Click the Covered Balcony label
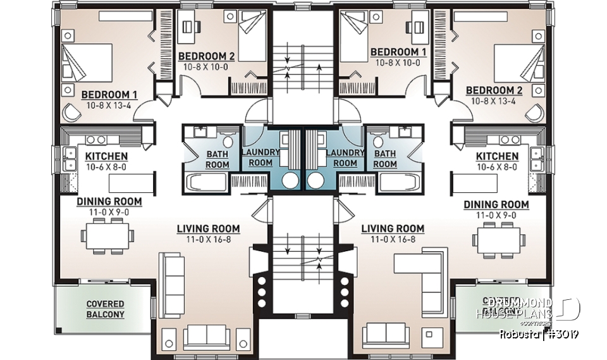(105, 309)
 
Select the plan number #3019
(563, 333)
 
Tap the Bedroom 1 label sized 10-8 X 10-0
(398, 52)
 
